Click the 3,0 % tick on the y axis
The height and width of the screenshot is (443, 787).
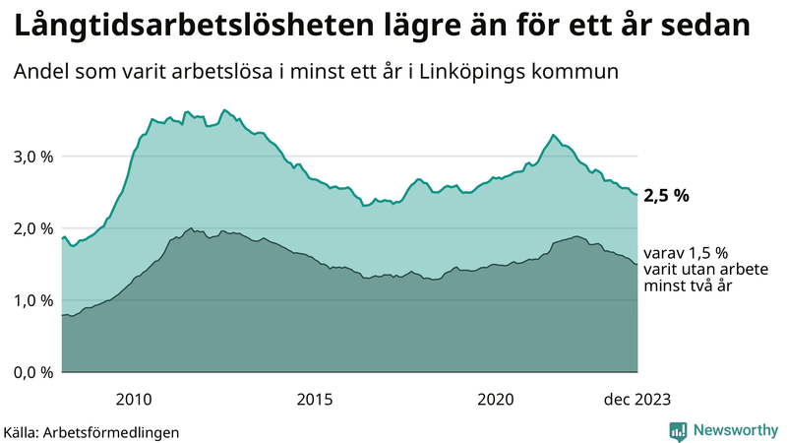click(31, 157)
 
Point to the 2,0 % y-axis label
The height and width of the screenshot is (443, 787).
click(31, 228)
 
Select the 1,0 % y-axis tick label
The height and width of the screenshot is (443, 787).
click(31, 300)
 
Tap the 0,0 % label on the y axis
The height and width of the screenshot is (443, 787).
click(31, 372)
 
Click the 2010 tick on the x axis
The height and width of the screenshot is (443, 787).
click(134, 399)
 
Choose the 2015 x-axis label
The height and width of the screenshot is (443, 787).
click(315, 399)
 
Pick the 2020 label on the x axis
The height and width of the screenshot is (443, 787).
click(496, 399)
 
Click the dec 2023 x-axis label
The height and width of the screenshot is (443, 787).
click(636, 399)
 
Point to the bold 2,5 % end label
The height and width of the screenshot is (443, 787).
click(666, 195)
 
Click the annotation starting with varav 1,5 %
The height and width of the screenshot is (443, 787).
click(686, 269)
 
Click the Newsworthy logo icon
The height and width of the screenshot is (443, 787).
click(678, 430)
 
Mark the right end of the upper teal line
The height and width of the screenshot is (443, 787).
click(636, 195)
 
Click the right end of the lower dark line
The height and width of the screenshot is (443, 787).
click(636, 264)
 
